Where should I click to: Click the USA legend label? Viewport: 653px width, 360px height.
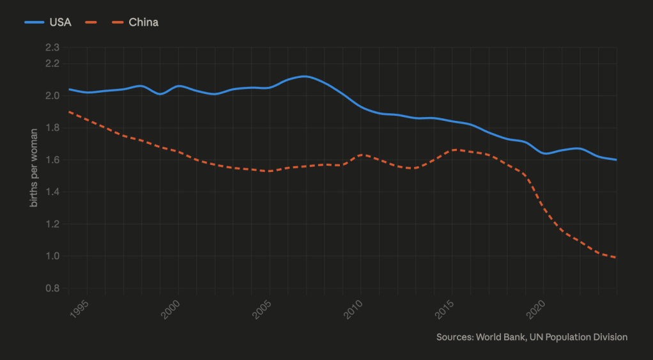click(x=60, y=22)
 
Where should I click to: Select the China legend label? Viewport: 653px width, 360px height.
click(x=143, y=22)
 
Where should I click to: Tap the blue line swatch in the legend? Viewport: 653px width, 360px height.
click(x=34, y=22)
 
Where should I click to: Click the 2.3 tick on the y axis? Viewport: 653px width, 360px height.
click(x=52, y=47)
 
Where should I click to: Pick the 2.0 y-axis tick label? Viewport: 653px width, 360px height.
click(x=52, y=96)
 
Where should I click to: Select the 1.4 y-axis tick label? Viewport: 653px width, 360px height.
click(x=52, y=192)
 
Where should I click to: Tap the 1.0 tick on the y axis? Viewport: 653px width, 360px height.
click(x=52, y=256)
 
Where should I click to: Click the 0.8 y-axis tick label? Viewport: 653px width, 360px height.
click(x=52, y=288)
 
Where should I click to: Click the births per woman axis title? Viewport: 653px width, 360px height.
click(x=34, y=168)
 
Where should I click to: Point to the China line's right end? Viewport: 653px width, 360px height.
click(x=616, y=257)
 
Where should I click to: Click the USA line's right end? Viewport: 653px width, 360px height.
click(x=616, y=160)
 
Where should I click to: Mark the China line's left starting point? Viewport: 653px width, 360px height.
click(x=69, y=112)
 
